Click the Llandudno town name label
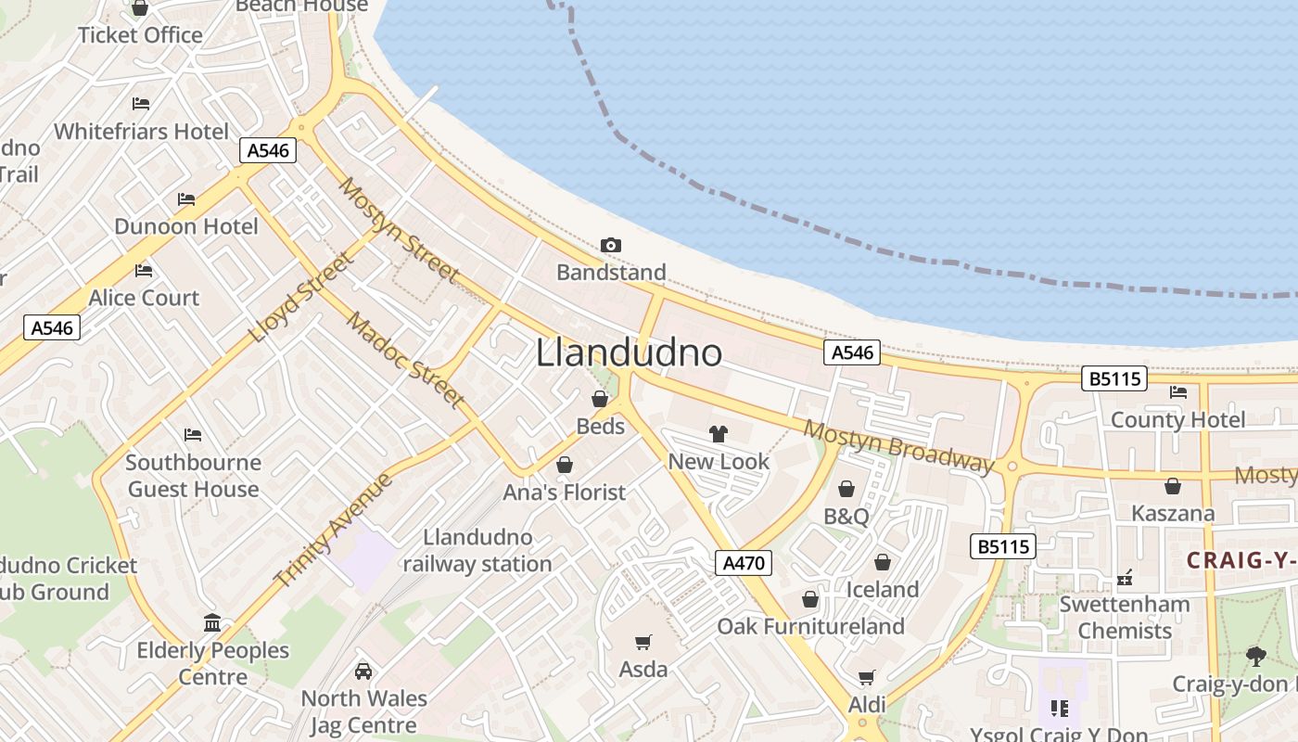[x=629, y=352]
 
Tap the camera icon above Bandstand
[x=610, y=246]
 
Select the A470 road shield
[x=744, y=562]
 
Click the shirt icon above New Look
[x=719, y=433]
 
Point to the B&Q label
[x=846, y=516]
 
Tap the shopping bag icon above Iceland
[x=882, y=562]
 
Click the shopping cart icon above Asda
[x=643, y=642]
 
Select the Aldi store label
[x=867, y=704]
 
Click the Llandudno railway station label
[x=477, y=550]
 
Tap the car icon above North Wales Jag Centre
[x=363, y=671]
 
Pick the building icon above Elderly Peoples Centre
[x=212, y=622]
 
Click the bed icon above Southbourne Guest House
[x=193, y=434]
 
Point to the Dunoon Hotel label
[x=186, y=226]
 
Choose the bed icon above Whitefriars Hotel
[x=141, y=104]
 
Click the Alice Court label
[x=144, y=298]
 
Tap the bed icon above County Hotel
[x=1178, y=392]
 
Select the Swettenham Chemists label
[x=1125, y=617]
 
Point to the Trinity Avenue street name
[x=334, y=529]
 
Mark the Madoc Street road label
[x=405, y=360]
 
